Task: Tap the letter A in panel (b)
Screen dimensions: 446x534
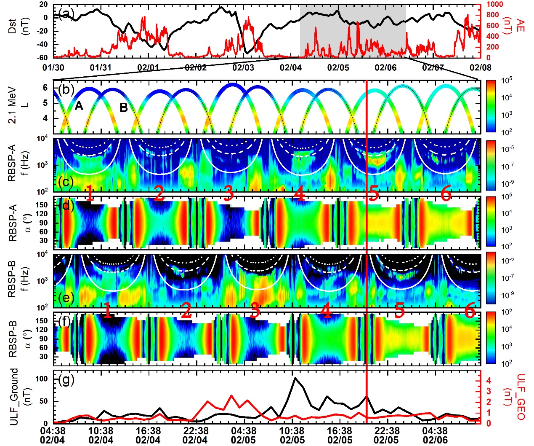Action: coord(79,106)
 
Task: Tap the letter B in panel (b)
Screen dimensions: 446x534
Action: coord(124,108)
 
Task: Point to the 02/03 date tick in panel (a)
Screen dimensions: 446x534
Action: coord(243,67)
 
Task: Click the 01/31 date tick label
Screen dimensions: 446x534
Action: coord(101,67)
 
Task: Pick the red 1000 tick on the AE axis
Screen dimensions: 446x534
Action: coord(495,4)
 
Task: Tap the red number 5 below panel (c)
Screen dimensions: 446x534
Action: coord(373,195)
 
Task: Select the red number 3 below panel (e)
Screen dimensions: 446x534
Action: coord(255,311)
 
